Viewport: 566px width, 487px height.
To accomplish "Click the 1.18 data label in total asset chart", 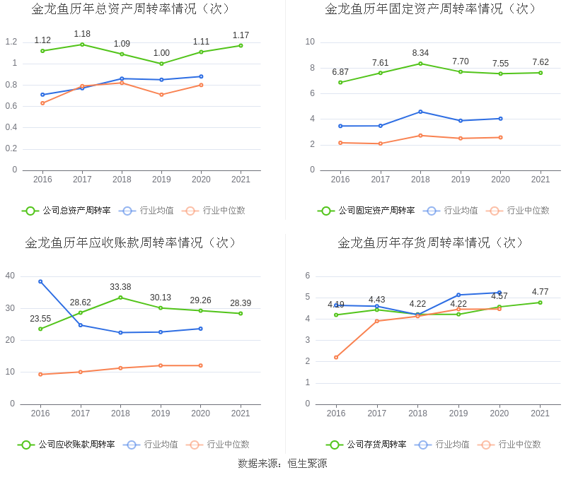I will (x=82, y=34).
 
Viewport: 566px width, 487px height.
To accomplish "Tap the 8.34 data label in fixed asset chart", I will (x=420, y=52).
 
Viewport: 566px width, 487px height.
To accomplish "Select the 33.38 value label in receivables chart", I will (x=120, y=287).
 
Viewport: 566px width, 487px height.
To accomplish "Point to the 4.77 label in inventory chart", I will (x=540, y=292).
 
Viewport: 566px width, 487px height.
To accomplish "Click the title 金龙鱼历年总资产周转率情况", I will (x=131, y=9).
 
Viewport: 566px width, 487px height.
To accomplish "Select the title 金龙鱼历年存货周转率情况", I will (x=431, y=242).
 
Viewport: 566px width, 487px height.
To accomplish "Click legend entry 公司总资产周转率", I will (x=67, y=211).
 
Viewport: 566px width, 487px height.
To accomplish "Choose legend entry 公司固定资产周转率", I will (x=366, y=211).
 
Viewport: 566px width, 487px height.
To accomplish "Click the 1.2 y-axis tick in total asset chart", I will (x=11, y=42).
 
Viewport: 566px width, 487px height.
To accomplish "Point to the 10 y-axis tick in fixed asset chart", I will (x=310, y=42).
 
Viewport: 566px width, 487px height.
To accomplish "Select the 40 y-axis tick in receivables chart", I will (x=10, y=276).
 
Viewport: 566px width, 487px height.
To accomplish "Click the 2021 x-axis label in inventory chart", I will (x=540, y=413).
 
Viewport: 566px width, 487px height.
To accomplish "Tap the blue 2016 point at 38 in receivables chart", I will (x=40, y=281).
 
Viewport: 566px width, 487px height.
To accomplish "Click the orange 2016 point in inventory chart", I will (x=336, y=357).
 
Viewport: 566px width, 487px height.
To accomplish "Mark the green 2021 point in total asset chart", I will (x=241, y=46).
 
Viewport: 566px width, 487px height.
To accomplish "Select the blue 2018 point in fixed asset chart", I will (x=420, y=112).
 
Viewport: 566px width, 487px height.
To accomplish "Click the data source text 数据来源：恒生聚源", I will (x=282, y=464).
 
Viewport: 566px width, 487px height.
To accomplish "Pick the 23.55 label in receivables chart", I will (x=40, y=319).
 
